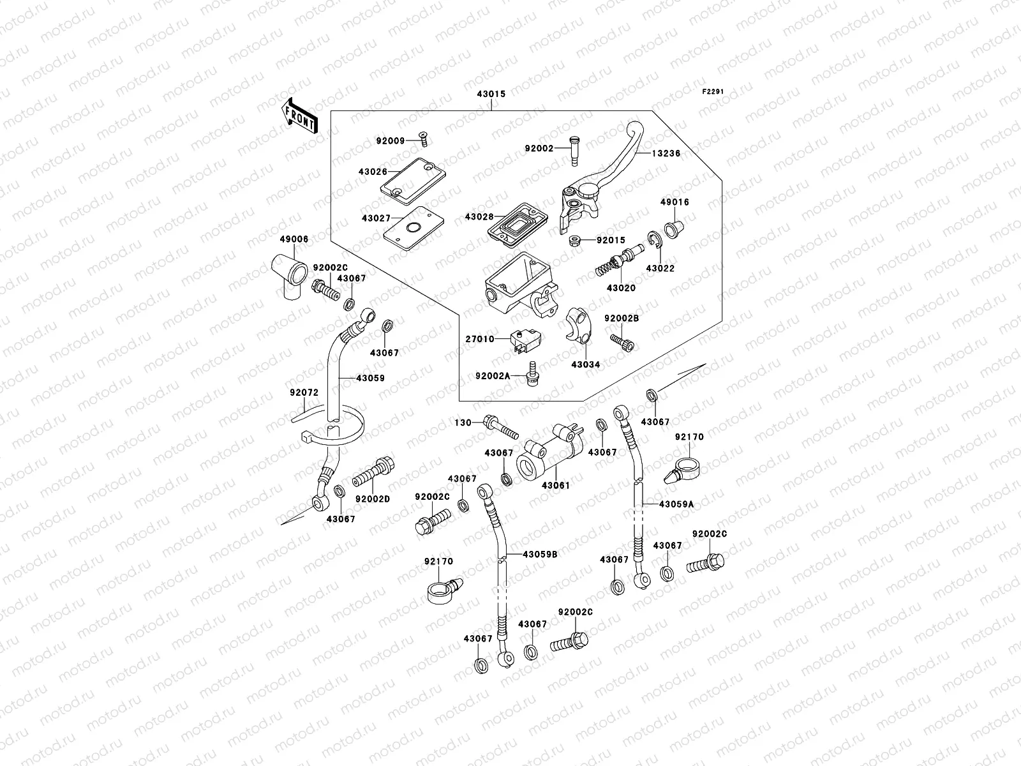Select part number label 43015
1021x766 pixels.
click(491, 94)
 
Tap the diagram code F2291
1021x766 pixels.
click(713, 92)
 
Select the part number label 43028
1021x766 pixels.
click(479, 217)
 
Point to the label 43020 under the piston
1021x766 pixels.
click(620, 288)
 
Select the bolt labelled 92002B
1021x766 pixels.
click(622, 342)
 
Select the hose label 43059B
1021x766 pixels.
click(540, 555)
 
